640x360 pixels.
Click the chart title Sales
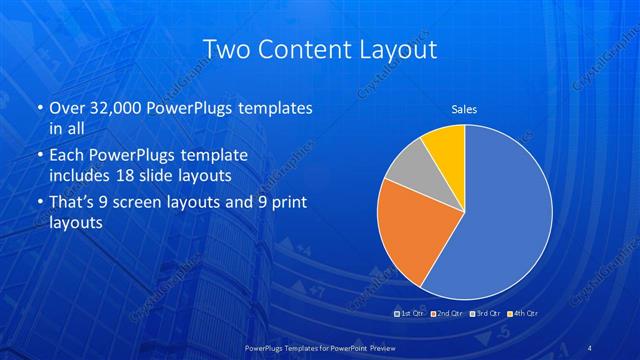coord(464,108)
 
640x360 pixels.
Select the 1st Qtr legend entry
coord(411,313)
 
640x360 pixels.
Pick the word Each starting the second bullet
coord(67,156)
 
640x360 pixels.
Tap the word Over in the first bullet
coord(67,108)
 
